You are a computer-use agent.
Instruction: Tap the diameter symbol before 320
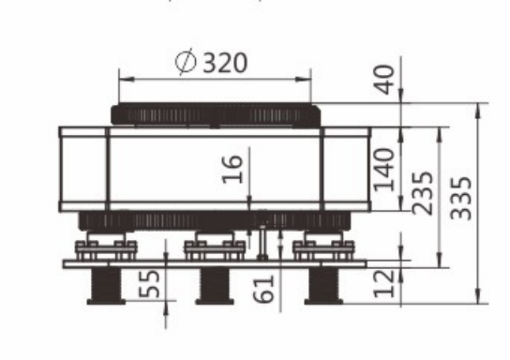click(186, 62)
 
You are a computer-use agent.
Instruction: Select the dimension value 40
click(384, 80)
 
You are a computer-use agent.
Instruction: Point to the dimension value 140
click(384, 169)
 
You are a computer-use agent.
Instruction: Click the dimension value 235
click(423, 193)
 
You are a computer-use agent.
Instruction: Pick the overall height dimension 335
click(461, 198)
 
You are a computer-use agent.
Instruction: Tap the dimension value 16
click(232, 169)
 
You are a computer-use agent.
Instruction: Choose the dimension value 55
click(149, 283)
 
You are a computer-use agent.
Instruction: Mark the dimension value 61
click(263, 289)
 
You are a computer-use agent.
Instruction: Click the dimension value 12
click(384, 283)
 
